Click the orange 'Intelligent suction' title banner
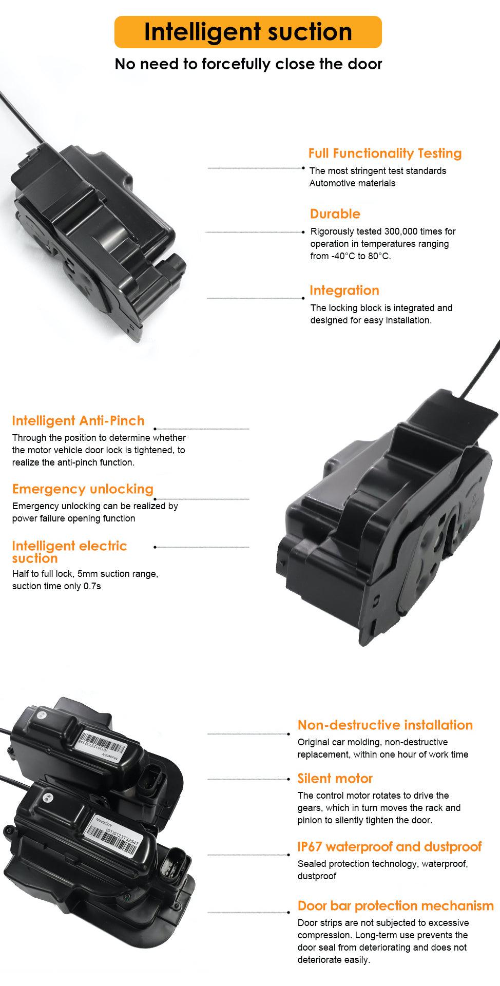(248, 32)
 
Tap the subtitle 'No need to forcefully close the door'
(248, 64)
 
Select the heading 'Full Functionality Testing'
(385, 153)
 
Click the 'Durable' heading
(335, 214)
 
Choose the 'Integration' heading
(344, 291)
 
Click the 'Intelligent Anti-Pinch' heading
(79, 421)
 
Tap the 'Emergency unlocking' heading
(83, 489)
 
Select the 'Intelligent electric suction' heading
(69, 552)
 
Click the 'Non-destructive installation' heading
(385, 725)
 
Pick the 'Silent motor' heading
(335, 779)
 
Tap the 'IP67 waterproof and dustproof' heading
(390, 847)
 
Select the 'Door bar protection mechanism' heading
(396, 906)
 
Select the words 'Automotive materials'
(352, 183)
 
